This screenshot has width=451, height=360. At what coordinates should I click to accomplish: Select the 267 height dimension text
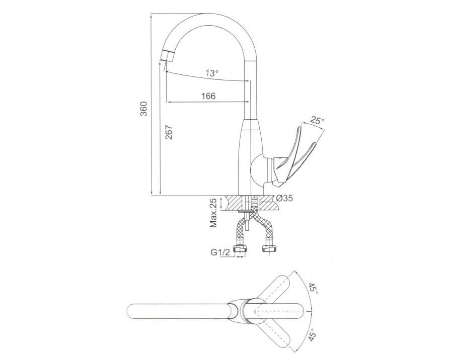pos(169,132)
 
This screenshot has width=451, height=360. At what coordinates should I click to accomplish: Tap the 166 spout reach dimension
pos(208,96)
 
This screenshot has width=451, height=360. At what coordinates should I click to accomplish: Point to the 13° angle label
pos(212,73)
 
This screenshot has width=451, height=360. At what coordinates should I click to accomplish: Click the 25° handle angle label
pos(317,121)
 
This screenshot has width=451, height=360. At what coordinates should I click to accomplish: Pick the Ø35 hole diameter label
pos(284,198)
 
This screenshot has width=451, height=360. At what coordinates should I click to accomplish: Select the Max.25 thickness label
pos(213,213)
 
